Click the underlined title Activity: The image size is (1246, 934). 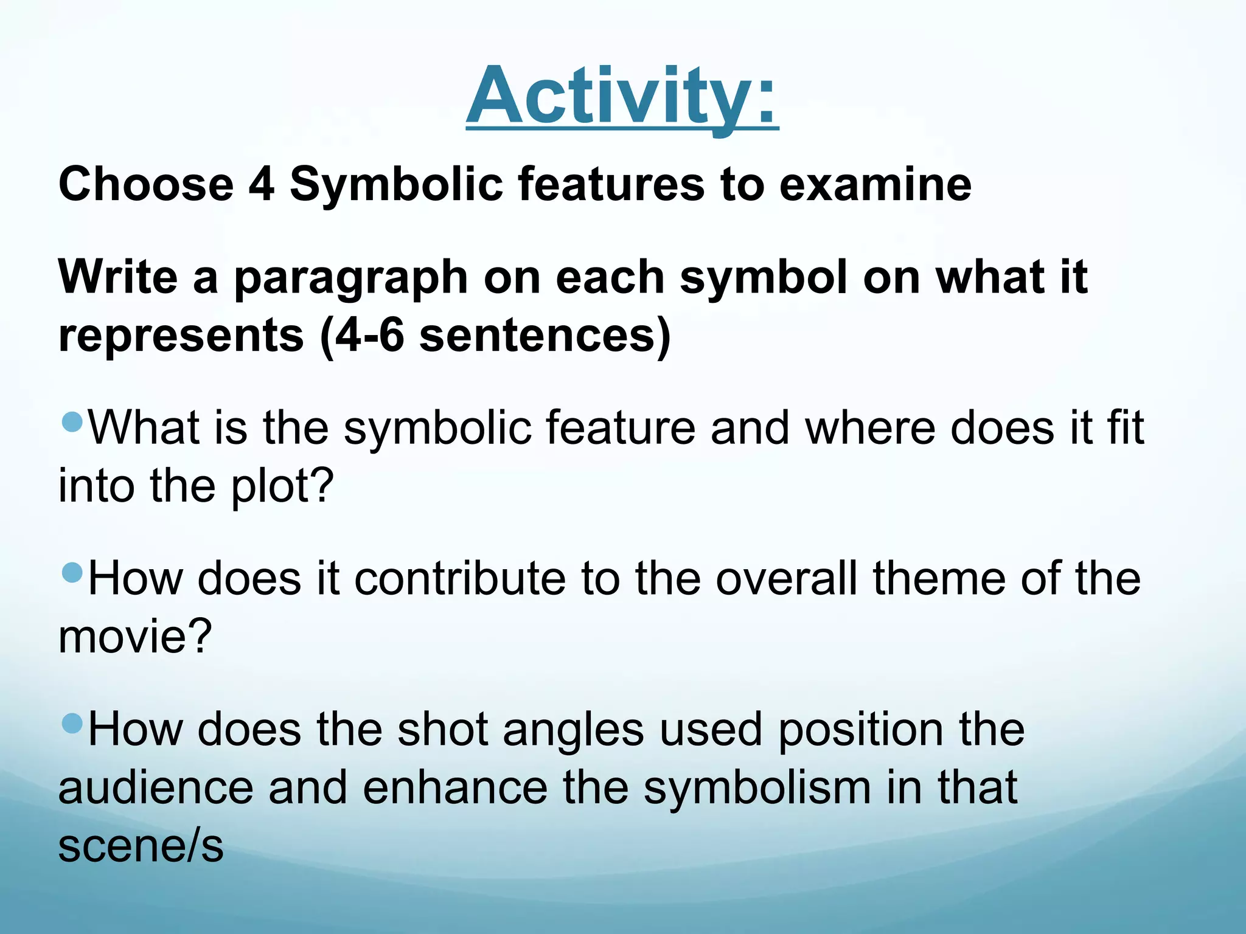coord(622,97)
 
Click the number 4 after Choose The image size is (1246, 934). coord(262,184)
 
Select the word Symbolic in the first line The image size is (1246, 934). coord(396,184)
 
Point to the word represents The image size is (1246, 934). coord(181,336)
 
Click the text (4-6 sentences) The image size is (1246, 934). coord(495,336)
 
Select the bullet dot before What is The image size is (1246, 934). coord(72,421)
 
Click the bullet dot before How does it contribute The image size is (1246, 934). coord(72,572)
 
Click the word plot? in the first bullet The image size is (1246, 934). coord(283,487)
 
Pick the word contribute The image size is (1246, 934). coord(460,578)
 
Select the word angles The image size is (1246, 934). coord(573,729)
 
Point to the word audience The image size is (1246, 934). coord(156,787)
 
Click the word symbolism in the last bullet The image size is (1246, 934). coord(757,789)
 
